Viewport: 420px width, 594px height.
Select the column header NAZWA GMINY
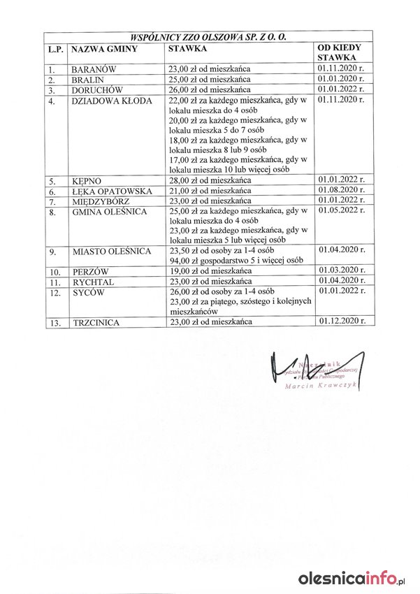click(103, 49)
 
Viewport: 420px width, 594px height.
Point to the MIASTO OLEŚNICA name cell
click(111, 251)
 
